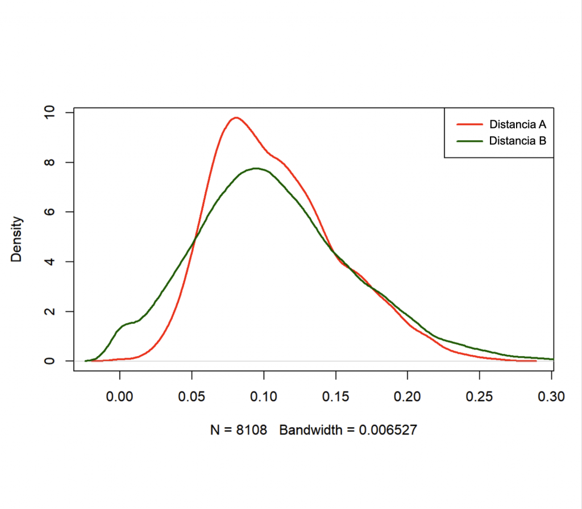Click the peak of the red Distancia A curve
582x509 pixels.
[x=235, y=118]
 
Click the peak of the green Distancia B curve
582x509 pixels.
[x=256, y=168]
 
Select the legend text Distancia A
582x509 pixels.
[x=517, y=124]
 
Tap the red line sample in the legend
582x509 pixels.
[x=468, y=124]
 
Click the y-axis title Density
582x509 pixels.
[x=17, y=239]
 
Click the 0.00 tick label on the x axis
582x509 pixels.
[x=120, y=396]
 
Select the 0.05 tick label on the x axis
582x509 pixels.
[x=192, y=396]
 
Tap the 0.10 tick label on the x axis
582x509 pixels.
[x=264, y=396]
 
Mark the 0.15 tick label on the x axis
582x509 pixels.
[x=336, y=396]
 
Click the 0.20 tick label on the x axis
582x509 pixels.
[x=408, y=396]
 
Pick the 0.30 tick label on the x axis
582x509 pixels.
[x=551, y=396]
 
